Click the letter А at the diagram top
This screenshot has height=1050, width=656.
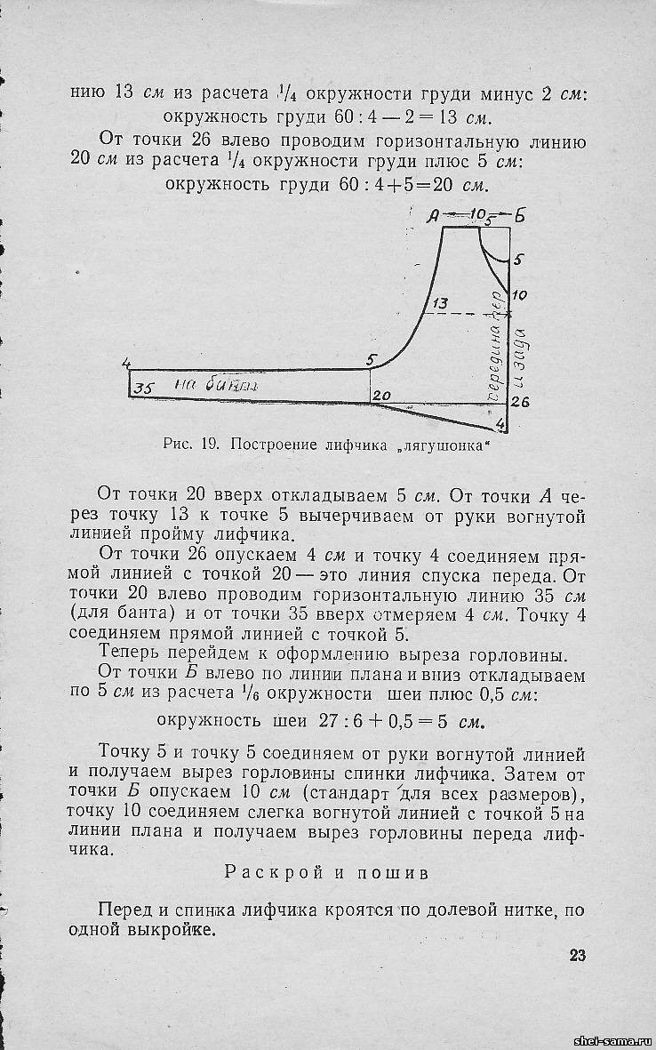click(435, 215)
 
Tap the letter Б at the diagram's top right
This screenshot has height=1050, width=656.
click(520, 215)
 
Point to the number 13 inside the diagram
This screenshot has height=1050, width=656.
click(439, 305)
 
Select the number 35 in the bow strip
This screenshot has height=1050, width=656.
click(145, 387)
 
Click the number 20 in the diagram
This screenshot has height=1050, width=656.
click(381, 395)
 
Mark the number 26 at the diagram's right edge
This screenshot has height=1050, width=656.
click(521, 402)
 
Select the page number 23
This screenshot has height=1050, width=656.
click(577, 956)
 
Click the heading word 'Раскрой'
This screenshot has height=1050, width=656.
click(268, 872)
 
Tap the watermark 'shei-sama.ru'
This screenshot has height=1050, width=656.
click(612, 1039)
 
